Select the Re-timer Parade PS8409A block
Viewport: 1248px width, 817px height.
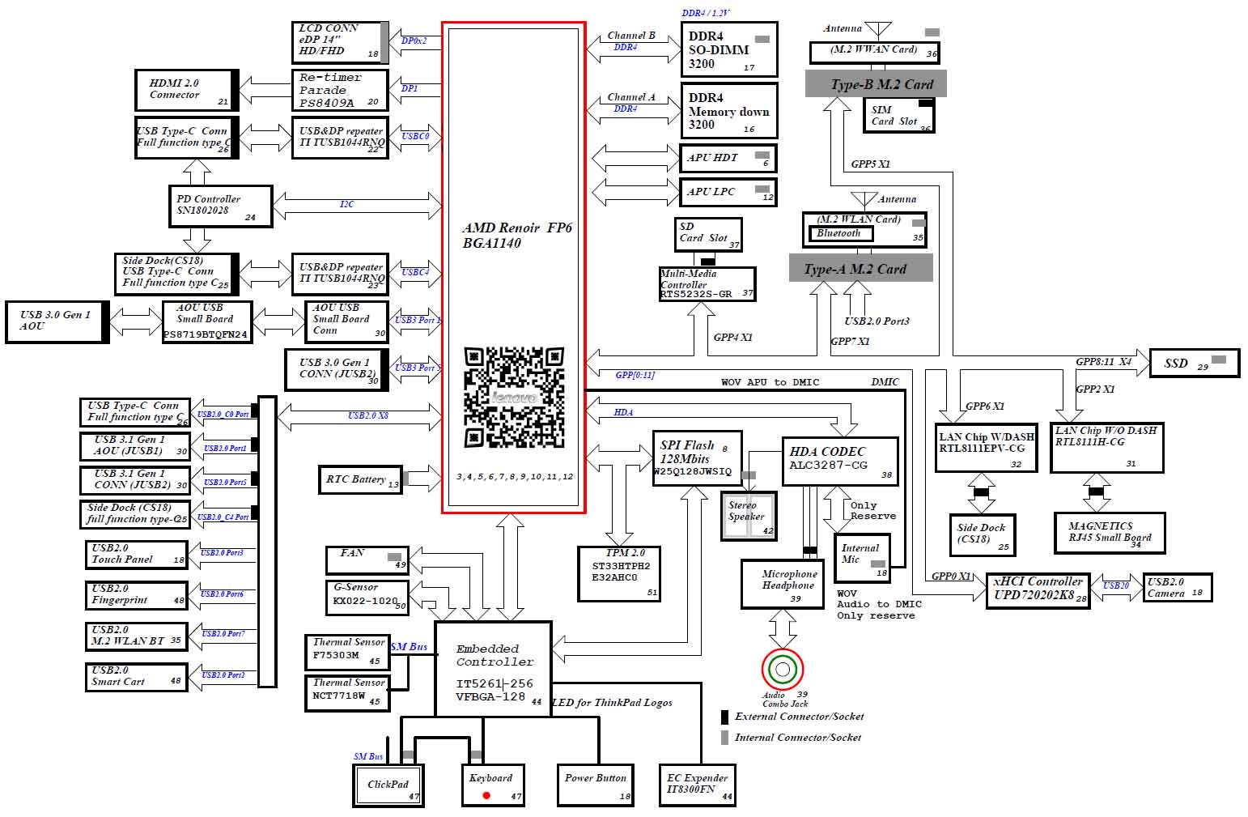pyautogui.click(x=339, y=90)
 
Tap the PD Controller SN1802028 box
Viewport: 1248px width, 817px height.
pyautogui.click(x=220, y=206)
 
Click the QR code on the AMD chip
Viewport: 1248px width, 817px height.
pyautogui.click(x=514, y=397)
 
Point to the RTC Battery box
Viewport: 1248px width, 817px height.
pyautogui.click(x=359, y=479)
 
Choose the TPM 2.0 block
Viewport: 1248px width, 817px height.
pyautogui.click(x=619, y=573)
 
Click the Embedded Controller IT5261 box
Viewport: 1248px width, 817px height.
pyautogui.click(x=494, y=669)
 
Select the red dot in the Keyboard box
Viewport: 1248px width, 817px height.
pyautogui.click(x=486, y=795)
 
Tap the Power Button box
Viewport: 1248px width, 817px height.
pyautogui.click(x=596, y=785)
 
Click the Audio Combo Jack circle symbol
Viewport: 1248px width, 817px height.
pyautogui.click(x=782, y=670)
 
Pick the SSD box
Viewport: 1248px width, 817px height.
pyautogui.click(x=1194, y=364)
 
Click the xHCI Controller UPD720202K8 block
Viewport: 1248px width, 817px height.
pyautogui.click(x=1038, y=590)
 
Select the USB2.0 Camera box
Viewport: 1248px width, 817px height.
pyautogui.click(x=1177, y=588)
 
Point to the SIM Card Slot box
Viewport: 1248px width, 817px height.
pyautogui.click(x=898, y=116)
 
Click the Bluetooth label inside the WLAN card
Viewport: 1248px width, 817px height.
pyautogui.click(x=839, y=234)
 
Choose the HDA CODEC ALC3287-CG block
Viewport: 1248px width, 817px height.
pyautogui.click(x=839, y=460)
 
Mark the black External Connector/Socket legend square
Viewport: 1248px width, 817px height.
pyautogui.click(x=725, y=717)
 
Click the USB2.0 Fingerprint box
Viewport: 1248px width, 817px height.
pyautogui.click(x=136, y=595)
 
